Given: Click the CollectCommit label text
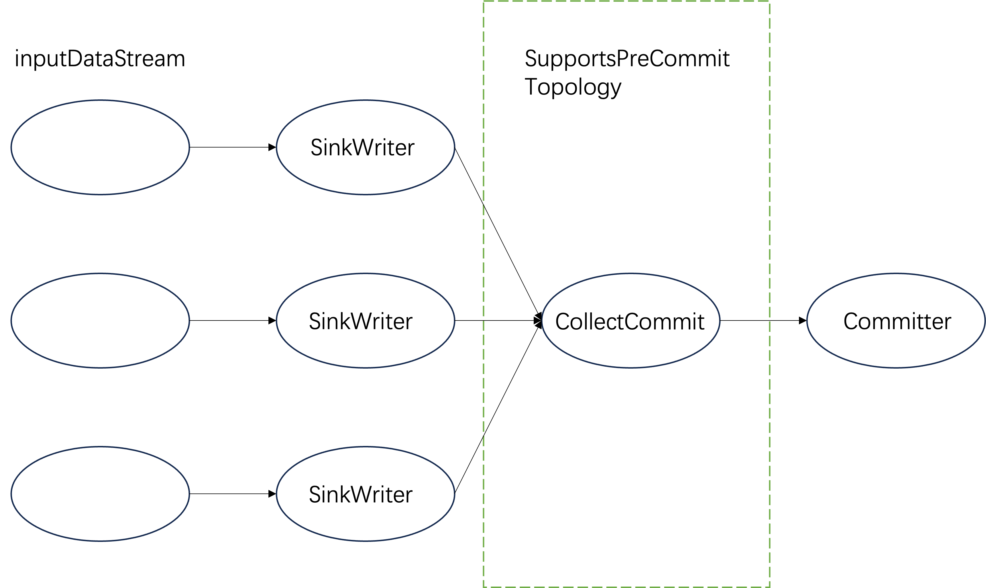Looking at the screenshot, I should coord(629,321).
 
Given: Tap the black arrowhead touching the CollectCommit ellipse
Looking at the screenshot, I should coord(538,320).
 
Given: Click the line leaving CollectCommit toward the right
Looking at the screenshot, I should coord(745,320).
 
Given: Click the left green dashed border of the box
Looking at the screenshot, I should coord(484,119).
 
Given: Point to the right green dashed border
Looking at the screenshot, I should coord(770,158).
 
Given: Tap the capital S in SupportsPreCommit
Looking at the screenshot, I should coord(531,59).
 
